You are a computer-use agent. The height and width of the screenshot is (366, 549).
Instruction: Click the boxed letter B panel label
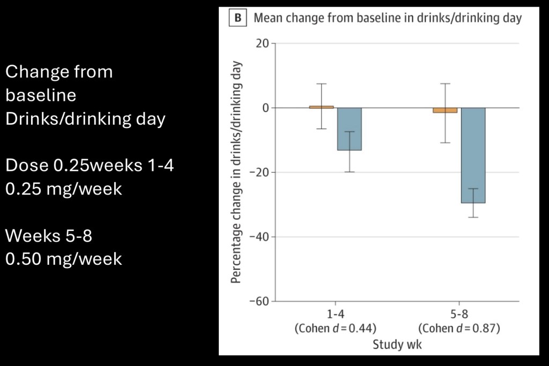coord(237,18)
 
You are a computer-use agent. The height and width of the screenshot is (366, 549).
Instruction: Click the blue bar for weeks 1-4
coord(350,129)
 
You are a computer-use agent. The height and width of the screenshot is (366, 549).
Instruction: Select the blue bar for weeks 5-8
coord(473,155)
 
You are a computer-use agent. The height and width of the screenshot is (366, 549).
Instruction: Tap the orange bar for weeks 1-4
coord(322,107)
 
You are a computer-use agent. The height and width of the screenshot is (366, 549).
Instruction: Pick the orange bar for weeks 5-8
coord(445,110)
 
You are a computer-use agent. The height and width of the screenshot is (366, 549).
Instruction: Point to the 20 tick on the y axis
coord(263,43)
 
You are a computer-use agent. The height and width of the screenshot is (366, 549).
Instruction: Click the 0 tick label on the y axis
coord(265,108)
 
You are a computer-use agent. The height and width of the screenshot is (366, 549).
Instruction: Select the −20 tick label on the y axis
coord(261,173)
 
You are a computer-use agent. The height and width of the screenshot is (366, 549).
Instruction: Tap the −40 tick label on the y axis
coord(261,237)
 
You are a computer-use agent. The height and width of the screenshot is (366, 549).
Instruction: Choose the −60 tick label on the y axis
coord(261,301)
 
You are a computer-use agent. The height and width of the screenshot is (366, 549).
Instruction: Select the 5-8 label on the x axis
coord(459,315)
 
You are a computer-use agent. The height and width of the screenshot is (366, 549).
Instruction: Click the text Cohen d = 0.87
coord(459,328)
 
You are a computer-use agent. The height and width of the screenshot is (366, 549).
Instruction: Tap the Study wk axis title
coord(397,344)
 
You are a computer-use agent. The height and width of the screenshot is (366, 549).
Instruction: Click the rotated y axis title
coord(236,171)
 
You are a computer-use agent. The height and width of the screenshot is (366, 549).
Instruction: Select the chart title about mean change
coord(387,18)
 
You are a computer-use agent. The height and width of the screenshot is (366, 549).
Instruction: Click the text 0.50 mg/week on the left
coord(64,259)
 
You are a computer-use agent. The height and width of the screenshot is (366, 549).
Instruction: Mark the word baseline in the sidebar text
coord(41,95)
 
